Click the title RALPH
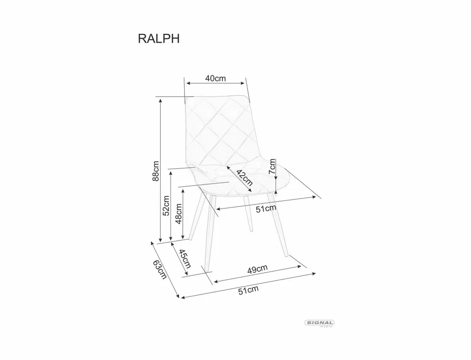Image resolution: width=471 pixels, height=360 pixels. point(158,39)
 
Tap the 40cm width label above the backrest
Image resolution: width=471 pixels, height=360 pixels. point(216,79)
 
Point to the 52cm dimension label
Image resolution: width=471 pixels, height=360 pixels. point(166,205)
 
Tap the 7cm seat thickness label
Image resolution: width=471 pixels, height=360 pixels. point(272,166)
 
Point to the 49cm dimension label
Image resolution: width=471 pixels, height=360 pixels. point(258,269)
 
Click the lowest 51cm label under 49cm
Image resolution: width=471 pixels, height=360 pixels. point(248,290)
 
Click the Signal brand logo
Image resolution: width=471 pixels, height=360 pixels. point(320,323)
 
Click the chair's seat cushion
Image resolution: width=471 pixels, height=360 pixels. point(245,179)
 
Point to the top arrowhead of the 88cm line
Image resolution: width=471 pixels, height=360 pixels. point(161,100)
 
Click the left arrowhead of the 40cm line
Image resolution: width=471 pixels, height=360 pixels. point(187,83)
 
